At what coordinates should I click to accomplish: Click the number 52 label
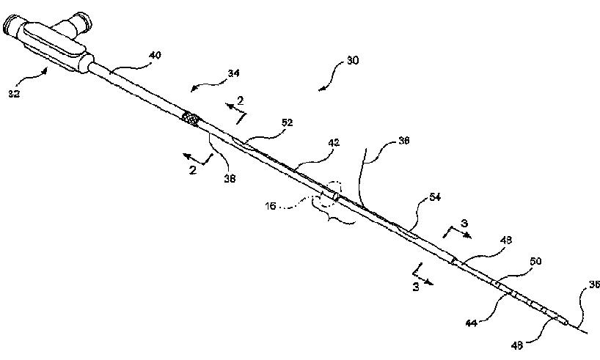tap(287, 122)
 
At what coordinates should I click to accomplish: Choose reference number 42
tap(334, 144)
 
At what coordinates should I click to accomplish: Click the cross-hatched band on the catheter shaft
tap(191, 118)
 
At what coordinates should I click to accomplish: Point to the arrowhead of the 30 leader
tap(321, 89)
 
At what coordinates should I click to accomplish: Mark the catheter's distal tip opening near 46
tap(564, 320)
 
